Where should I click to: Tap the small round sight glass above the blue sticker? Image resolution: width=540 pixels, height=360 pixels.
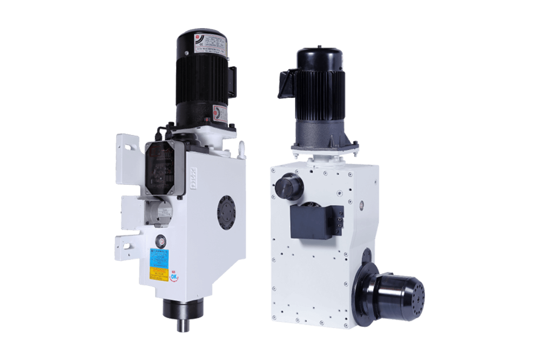[160, 240]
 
